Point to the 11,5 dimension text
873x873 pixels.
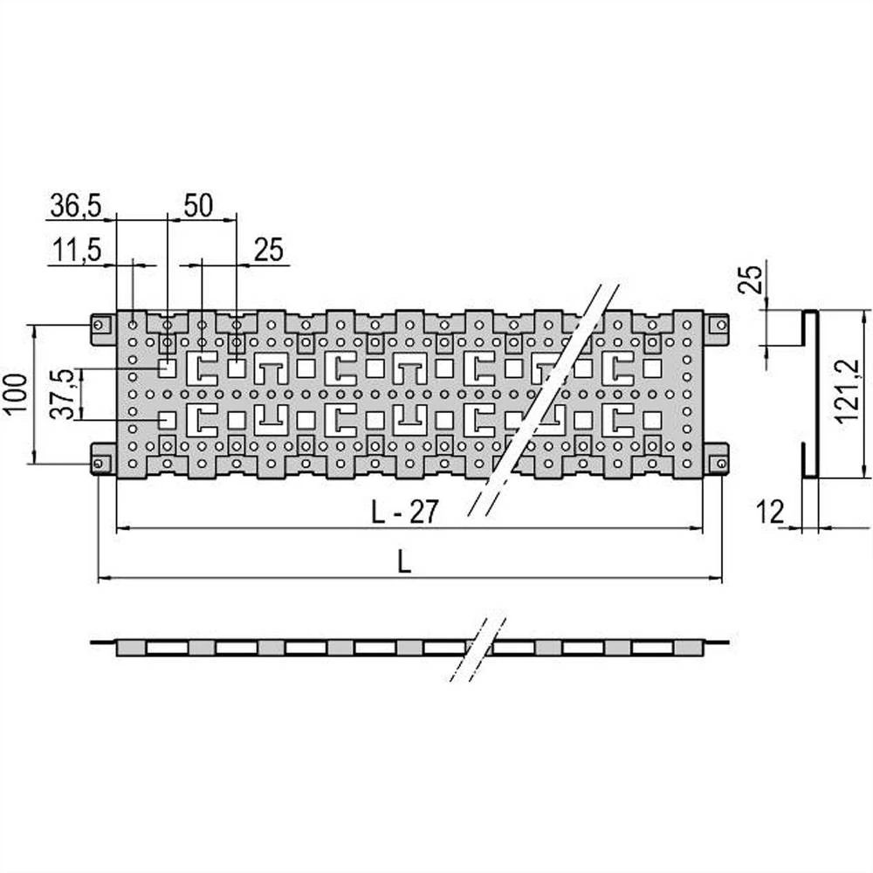(75, 251)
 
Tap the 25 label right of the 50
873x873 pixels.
(269, 251)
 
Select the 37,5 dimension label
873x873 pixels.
(62, 394)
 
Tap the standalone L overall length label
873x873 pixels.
(404, 563)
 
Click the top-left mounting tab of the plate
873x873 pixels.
(102, 326)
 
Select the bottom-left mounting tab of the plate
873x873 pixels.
(102, 460)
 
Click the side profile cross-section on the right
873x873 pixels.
(809, 394)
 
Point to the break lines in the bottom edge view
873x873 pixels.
(478, 648)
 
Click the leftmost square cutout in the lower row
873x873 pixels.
(166, 420)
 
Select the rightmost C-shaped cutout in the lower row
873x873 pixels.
(620, 421)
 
